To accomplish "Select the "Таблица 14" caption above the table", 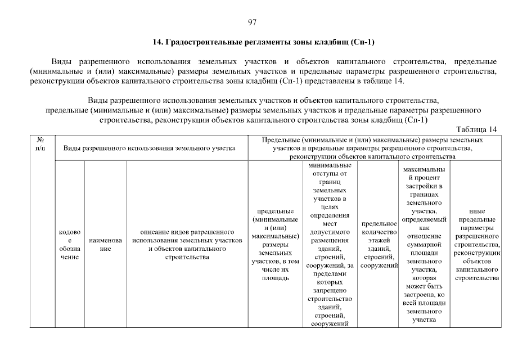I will point(477,129).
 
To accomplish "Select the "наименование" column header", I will point(105,244).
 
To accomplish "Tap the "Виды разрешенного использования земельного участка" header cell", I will point(149,147).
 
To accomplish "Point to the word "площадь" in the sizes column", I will point(276,278).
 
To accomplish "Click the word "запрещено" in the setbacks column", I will point(330,290).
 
